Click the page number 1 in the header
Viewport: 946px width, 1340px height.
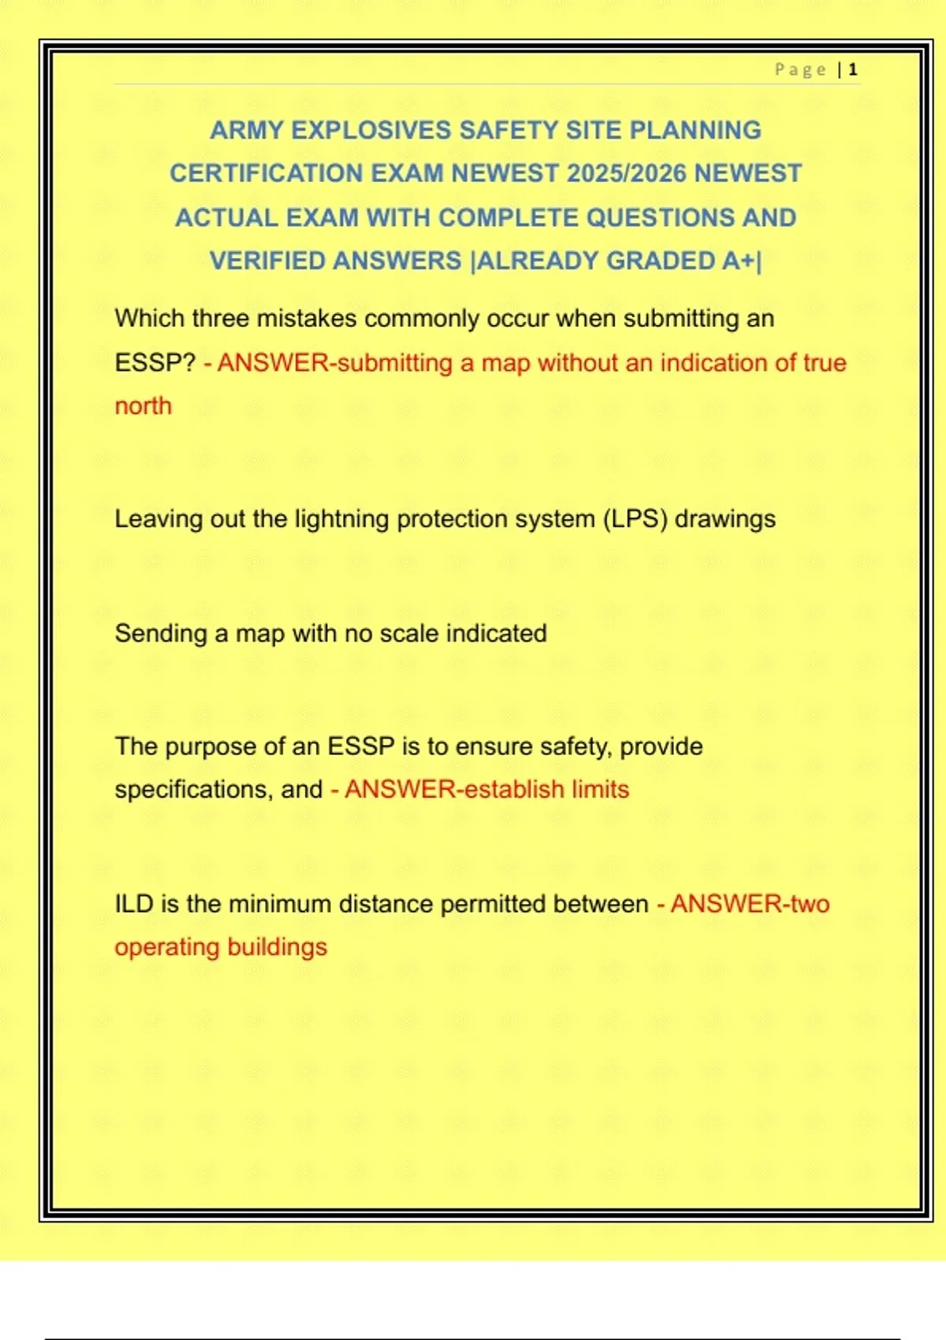[853, 70]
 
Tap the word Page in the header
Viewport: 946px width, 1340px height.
[800, 70]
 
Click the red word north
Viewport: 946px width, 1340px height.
[143, 406]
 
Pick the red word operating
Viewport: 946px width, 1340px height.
[166, 947]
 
